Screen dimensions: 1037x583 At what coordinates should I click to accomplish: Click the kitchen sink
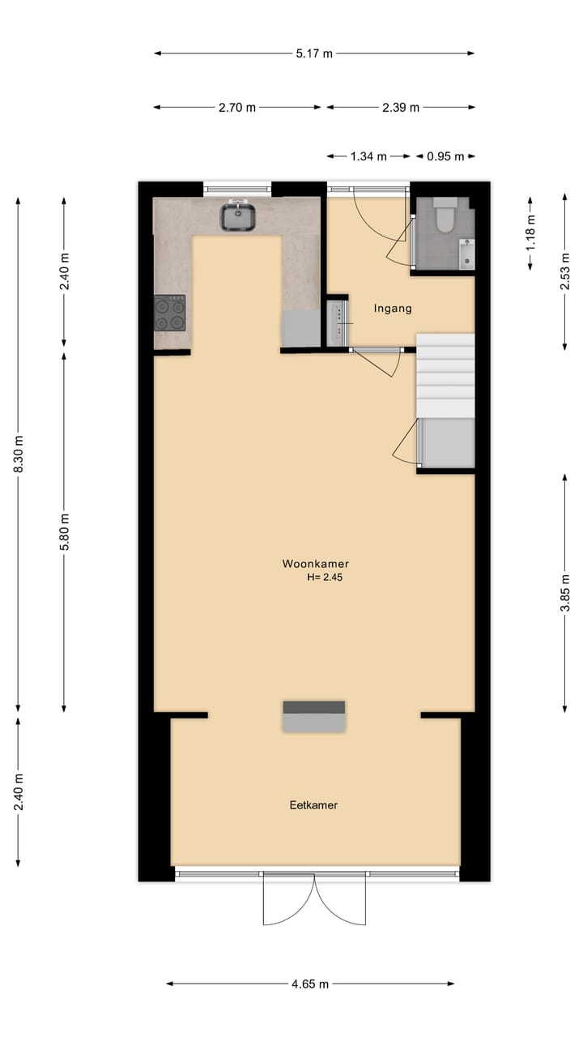pyautogui.click(x=238, y=216)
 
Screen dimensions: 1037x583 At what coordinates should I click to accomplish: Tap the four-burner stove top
pyautogui.click(x=170, y=314)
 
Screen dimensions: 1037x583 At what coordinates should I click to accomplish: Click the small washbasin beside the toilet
pyautogui.click(x=467, y=253)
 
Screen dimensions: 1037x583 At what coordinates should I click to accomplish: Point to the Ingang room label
pyautogui.click(x=393, y=308)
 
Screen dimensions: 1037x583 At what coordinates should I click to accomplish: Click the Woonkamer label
pyautogui.click(x=315, y=564)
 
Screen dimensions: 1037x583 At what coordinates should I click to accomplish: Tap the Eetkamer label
pyautogui.click(x=313, y=805)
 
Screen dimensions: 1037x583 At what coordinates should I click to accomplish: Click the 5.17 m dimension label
pyautogui.click(x=314, y=54)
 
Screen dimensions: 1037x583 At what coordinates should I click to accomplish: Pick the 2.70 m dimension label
pyautogui.click(x=237, y=108)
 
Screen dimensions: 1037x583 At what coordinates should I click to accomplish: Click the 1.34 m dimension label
pyautogui.click(x=368, y=156)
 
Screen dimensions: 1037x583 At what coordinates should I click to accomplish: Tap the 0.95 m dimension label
pyautogui.click(x=445, y=156)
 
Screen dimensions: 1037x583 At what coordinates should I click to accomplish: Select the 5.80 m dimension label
pyautogui.click(x=65, y=532)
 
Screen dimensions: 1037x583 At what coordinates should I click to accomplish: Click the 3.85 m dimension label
pyautogui.click(x=565, y=594)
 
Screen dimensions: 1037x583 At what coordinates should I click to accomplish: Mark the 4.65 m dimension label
pyautogui.click(x=310, y=984)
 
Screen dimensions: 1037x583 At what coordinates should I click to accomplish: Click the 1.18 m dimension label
pyautogui.click(x=530, y=232)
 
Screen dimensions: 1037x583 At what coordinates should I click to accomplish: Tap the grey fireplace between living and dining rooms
pyautogui.click(x=314, y=717)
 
